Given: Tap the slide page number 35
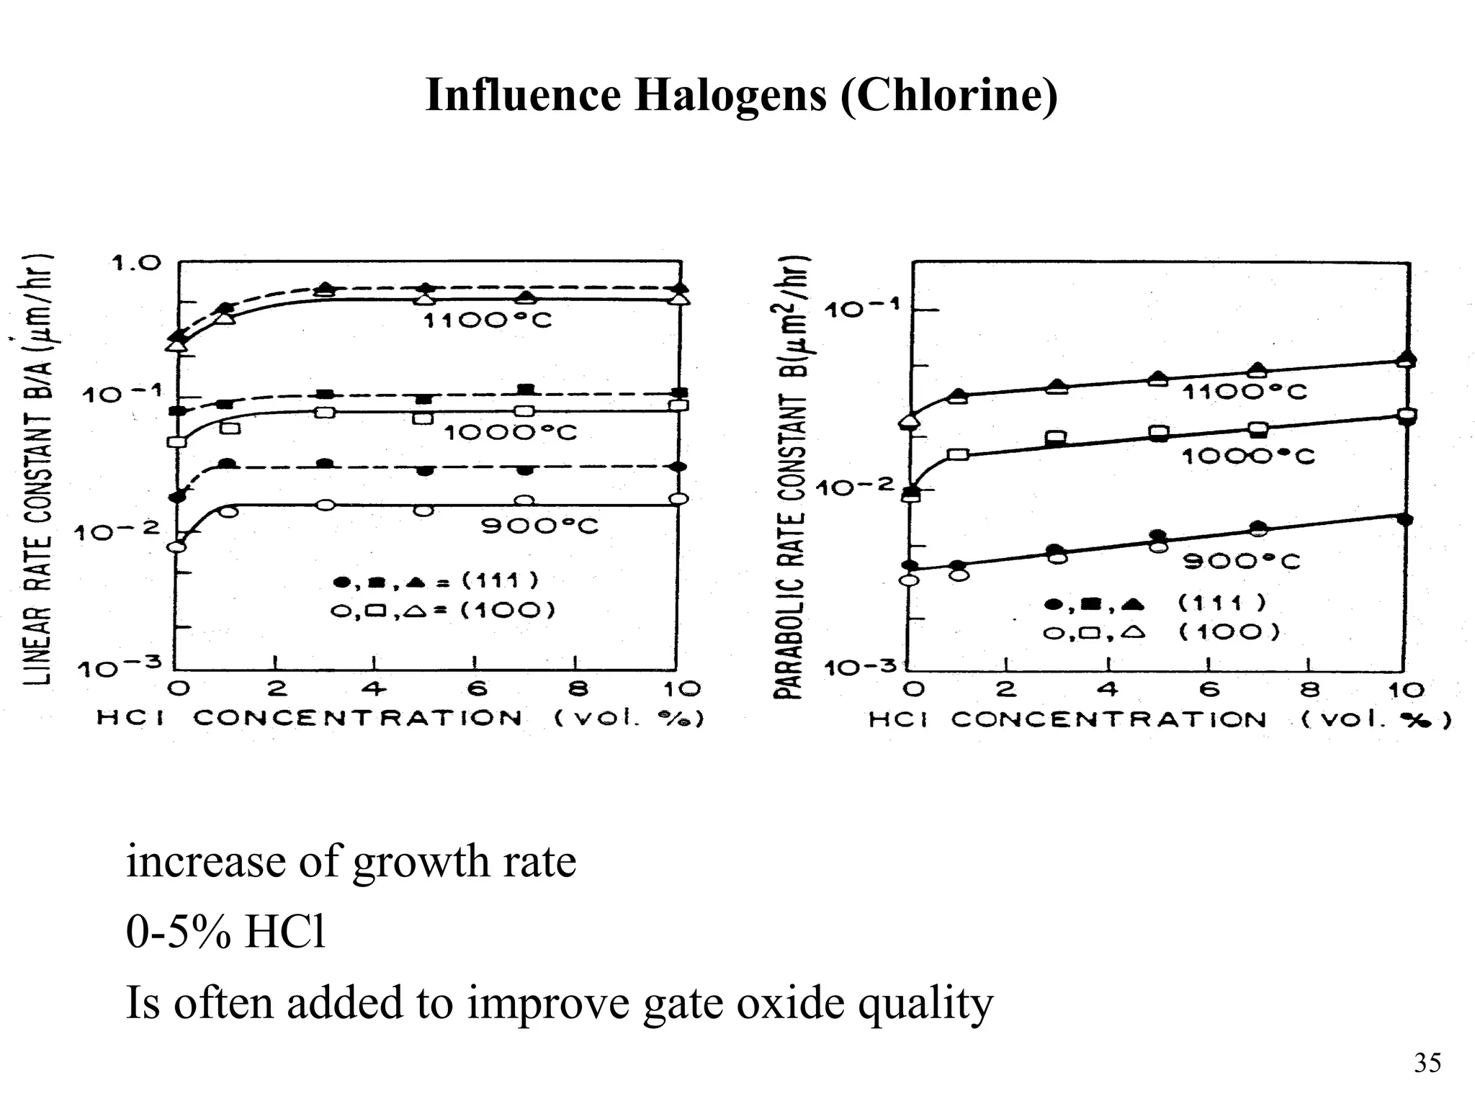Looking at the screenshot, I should (1427, 1063).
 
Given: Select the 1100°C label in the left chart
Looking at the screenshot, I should (487, 320).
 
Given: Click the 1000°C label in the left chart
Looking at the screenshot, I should (510, 432).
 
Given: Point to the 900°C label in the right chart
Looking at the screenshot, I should (1242, 561).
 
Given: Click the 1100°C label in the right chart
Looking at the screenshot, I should (1244, 392).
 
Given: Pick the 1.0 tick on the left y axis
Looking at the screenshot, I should (135, 263).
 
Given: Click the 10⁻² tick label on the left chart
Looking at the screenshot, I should (117, 532).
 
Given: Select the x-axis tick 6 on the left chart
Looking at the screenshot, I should (476, 690).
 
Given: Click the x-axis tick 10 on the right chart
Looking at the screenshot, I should (1406, 691).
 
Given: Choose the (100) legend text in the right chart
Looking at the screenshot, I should (1229, 632).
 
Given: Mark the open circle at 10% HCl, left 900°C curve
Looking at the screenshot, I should (678, 499).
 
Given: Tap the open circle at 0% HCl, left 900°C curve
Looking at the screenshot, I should (176, 547).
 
